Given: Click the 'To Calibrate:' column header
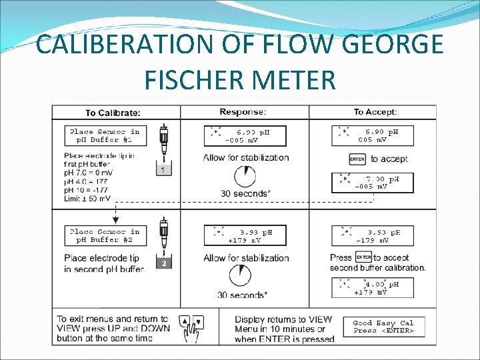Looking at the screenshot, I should tap(113, 112).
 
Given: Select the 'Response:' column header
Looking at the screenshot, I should tap(243, 111).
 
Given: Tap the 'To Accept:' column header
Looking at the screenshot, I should tap(375, 112).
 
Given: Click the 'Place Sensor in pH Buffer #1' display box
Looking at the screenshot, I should tap(105, 136).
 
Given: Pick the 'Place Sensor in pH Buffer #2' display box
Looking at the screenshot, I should tap(105, 236).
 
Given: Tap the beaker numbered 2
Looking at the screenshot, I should tap(163, 264).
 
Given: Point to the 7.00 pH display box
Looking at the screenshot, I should tap(373, 183).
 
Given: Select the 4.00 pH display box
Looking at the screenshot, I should tap(373, 288).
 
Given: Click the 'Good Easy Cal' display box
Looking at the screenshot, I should tap(383, 326).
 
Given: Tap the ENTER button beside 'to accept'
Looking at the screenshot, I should tap(357, 159).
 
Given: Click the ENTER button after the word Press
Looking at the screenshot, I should tap(363, 257).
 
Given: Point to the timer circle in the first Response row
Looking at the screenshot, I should tap(245, 176).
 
